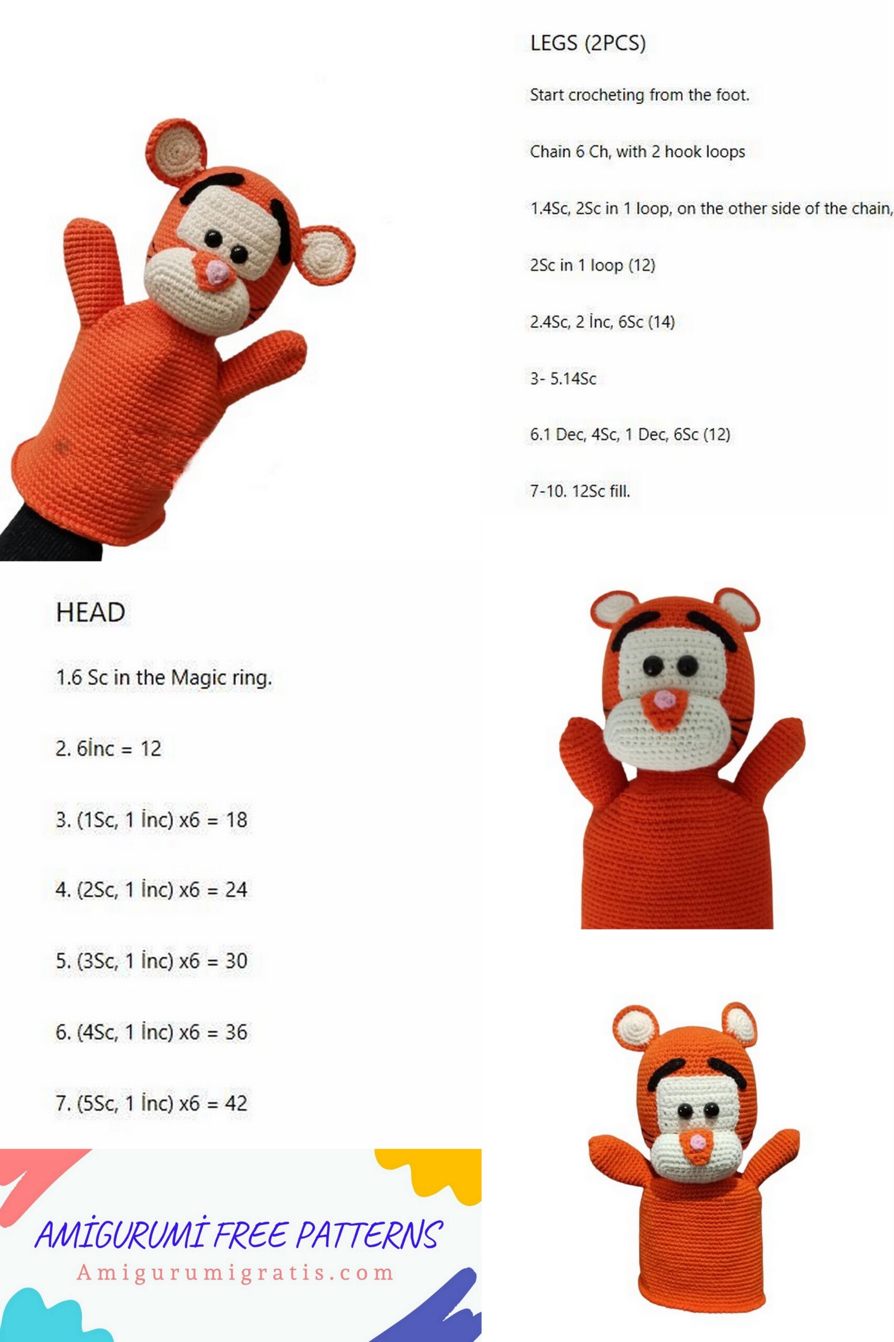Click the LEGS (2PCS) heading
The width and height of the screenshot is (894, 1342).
coord(588,44)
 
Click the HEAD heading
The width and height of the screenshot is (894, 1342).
coord(91,612)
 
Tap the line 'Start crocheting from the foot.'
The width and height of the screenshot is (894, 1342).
coord(639,95)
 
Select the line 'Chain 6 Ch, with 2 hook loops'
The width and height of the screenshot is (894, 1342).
coord(637,152)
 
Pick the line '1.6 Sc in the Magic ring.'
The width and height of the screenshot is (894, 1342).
coord(163,678)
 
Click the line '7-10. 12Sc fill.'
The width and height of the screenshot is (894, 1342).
coord(580,491)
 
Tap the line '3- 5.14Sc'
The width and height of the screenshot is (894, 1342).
coord(562,378)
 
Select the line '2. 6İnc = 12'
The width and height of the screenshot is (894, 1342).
coord(108,749)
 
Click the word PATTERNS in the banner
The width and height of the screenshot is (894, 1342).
coord(368,1235)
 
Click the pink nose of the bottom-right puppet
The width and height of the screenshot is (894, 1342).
coord(696,1142)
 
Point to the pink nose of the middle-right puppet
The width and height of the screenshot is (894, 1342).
coord(662,699)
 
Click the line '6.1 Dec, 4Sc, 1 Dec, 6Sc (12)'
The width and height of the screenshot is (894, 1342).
coord(630,435)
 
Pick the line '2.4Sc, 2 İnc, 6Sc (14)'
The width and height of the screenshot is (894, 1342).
coord(602,322)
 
